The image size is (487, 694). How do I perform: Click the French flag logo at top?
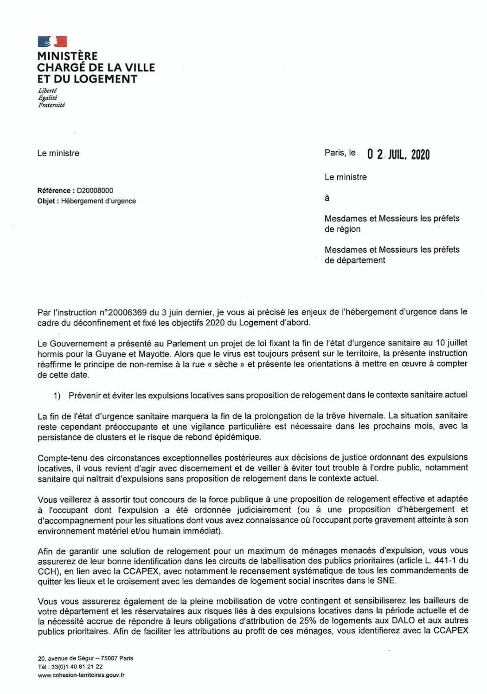click(x=52, y=42)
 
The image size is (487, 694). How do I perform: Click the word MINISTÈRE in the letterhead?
click(x=67, y=56)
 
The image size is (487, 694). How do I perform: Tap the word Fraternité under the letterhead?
click(x=51, y=105)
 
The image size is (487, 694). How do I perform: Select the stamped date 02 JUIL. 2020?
click(x=398, y=155)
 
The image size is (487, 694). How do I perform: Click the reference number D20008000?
click(x=95, y=190)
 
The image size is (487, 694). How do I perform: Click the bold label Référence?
click(x=54, y=190)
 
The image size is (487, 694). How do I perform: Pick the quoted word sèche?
click(x=229, y=364)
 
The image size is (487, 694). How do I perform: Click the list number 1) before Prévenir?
click(x=57, y=396)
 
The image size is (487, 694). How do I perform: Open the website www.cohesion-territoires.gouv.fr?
click(x=81, y=675)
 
